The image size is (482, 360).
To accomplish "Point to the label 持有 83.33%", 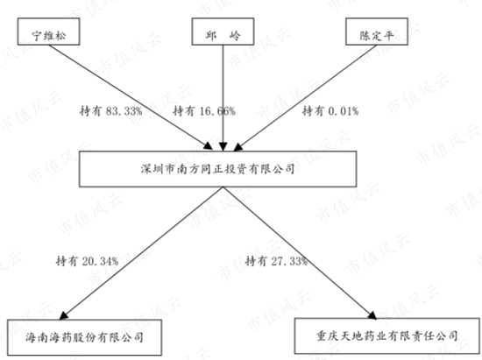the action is tap(111, 111).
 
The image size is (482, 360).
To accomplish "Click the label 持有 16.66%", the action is tap(204, 111).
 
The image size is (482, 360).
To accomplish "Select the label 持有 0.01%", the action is tap(330, 111).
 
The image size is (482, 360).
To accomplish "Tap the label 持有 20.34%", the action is tap(87, 261).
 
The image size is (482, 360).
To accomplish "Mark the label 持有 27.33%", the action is tap(276, 261).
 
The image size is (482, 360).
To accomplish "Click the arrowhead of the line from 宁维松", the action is tap(208, 146).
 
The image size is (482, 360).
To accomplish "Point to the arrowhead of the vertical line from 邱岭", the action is tap(223, 146).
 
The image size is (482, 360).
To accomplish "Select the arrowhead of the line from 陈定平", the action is tap(238, 147).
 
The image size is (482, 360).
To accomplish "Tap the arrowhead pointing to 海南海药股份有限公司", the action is tap(63, 315).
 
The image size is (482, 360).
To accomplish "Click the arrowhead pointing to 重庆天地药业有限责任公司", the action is tap(372, 314).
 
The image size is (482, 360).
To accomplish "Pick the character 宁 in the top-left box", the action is tap(37, 36).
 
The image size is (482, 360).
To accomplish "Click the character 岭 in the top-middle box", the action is tap(235, 36).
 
